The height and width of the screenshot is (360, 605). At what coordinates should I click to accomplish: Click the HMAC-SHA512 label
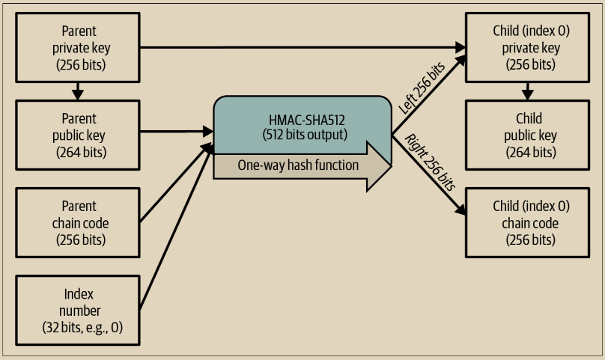coord(303,120)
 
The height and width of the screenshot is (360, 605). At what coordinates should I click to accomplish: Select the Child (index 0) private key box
coord(526,48)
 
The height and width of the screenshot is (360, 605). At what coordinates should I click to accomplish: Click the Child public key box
coord(526,135)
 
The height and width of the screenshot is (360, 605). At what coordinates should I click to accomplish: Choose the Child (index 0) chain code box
coord(526,222)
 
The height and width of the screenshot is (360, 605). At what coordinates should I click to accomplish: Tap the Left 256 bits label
coord(423,88)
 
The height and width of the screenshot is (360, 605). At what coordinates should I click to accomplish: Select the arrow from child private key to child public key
coord(527,91)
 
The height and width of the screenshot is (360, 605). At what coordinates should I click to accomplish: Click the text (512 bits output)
coord(303,135)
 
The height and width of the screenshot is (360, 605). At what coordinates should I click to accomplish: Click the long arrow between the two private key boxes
coord(300,48)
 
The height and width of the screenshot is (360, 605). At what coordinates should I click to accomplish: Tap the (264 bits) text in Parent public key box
coord(81,152)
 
